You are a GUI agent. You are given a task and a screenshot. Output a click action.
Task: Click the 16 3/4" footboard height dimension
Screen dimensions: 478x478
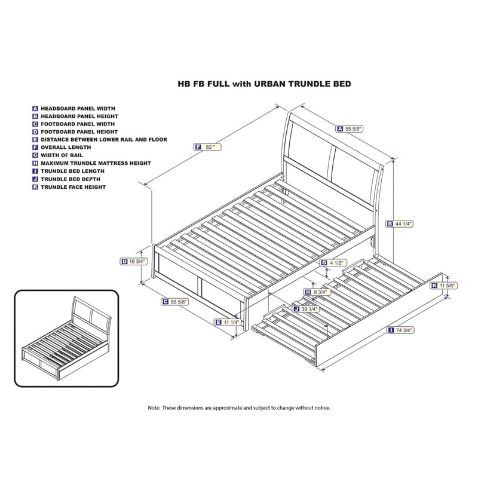point(134,261)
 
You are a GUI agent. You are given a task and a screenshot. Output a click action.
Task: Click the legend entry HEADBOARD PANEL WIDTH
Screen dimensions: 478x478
point(79,108)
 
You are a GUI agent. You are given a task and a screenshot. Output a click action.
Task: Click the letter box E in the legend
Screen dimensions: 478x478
point(35,139)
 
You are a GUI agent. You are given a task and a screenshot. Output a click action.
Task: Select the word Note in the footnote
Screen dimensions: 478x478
point(154,407)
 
